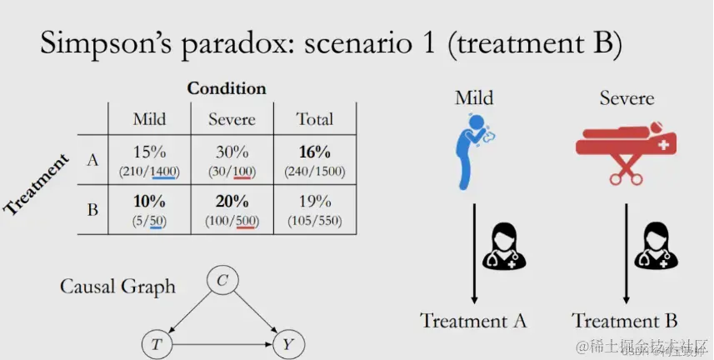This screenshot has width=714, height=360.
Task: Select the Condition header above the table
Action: tap(227, 88)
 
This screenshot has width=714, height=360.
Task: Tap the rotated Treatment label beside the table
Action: tap(37, 184)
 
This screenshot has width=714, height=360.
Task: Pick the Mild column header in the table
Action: tap(149, 119)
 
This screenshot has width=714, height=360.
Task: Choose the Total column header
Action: tap(314, 119)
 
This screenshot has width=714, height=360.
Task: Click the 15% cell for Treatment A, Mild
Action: tap(149, 152)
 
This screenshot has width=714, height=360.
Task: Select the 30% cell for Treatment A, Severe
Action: tap(232, 152)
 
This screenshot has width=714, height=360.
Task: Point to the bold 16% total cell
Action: tap(314, 152)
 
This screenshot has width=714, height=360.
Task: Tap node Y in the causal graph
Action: tap(287, 342)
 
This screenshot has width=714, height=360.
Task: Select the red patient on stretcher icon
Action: tap(627, 149)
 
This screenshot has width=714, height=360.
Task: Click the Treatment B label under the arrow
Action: tap(624, 322)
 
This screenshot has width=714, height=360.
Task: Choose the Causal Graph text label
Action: tap(117, 287)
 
